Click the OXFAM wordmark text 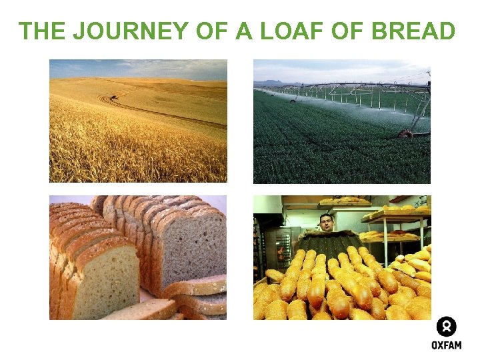446,345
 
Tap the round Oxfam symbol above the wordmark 446,327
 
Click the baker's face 325,222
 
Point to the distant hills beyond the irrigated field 273,83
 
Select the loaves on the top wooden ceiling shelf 343,199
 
